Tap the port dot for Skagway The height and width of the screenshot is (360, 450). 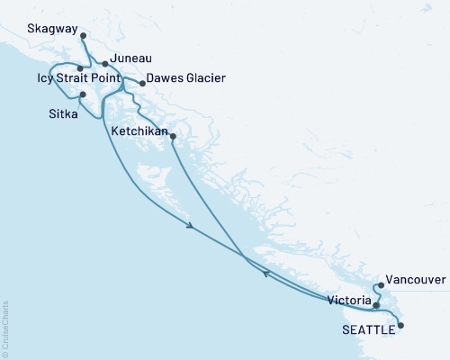click(x=83, y=36)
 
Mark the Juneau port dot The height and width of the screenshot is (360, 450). click(x=105, y=64)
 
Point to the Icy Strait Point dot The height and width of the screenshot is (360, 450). click(x=80, y=67)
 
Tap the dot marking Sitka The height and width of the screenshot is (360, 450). click(x=83, y=94)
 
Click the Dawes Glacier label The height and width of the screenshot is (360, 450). click(x=185, y=78)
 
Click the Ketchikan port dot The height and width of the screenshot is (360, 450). click(x=172, y=137)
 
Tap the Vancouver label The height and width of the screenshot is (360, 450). click(x=415, y=281)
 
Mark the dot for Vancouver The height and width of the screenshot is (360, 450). click(x=382, y=286)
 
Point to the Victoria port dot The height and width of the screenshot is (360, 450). click(x=376, y=304)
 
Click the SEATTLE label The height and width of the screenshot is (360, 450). click(x=367, y=330)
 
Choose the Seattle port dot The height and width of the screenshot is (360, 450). click(x=401, y=326)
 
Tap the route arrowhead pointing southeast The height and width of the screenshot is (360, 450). click(x=191, y=228)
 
